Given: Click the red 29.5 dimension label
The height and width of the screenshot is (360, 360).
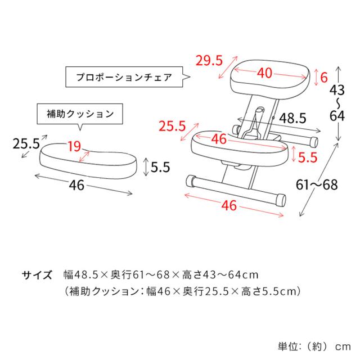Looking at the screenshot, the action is pos(209,61).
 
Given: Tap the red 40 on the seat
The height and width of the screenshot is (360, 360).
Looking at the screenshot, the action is pos(264,73).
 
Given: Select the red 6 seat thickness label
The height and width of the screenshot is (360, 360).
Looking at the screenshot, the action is pos(324,78).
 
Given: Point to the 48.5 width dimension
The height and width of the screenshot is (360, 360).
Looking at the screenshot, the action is pos(292,119).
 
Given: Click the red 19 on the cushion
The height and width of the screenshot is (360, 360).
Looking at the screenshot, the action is pos(74,146).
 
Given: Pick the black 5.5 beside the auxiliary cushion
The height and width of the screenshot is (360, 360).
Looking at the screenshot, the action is pos(160,167).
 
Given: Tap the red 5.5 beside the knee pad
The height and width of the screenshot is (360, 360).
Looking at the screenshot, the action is pos(308,157).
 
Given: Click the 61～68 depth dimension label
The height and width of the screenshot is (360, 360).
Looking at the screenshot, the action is pos(317,185).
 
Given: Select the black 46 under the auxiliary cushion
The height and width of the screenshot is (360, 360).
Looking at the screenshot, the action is pos(76,185).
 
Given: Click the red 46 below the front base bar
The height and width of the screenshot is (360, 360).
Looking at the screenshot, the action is pos(229,205).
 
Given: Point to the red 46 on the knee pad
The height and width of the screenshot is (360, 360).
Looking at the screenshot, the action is pos(219,139).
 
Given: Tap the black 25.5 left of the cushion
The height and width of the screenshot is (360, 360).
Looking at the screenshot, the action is pos(26,144).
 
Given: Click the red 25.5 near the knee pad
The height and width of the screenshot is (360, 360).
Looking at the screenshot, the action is pos(172,126).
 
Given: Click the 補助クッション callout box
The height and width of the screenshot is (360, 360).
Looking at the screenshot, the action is pos(80,114).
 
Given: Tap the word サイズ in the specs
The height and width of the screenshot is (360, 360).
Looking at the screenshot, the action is pos(37,275).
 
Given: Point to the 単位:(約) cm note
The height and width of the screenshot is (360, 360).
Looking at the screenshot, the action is pos(314,346).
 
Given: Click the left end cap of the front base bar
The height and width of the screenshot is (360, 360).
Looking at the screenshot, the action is pos(191,181).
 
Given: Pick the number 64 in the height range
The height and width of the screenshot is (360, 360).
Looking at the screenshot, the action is pos(337,116).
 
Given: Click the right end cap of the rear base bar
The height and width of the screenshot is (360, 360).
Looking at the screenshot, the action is pos(313,142).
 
